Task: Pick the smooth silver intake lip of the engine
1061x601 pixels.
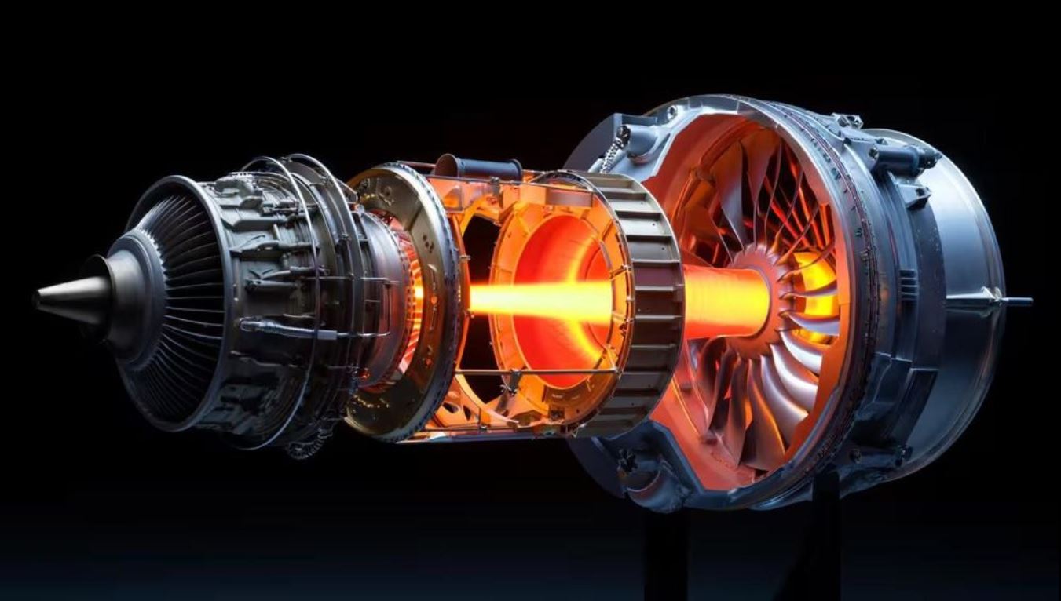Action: [x=974, y=314]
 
